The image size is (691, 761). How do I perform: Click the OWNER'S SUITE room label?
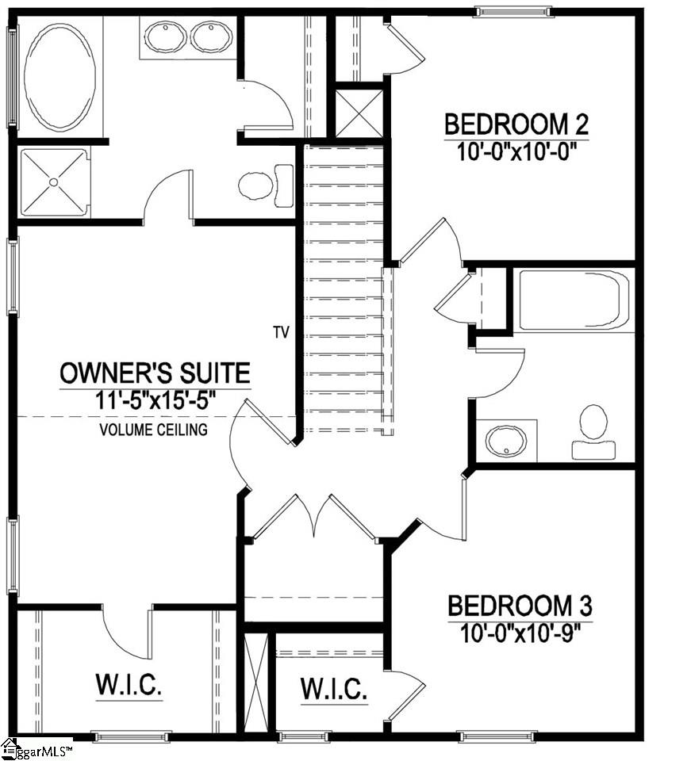pyautogui.click(x=155, y=372)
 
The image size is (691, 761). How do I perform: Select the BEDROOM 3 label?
pyautogui.click(x=520, y=607)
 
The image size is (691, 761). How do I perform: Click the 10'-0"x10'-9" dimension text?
pyautogui.click(x=520, y=633)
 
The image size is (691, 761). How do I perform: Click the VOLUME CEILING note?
pyautogui.click(x=154, y=430)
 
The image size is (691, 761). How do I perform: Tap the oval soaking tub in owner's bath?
pyautogui.click(x=60, y=76)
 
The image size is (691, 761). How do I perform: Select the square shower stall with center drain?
pyautogui.click(x=54, y=182)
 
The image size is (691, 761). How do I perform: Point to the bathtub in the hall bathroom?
pyautogui.click(x=573, y=300)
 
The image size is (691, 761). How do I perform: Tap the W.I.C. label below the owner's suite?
pyautogui.click(x=129, y=685)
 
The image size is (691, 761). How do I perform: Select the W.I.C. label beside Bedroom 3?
pyautogui.click(x=333, y=689)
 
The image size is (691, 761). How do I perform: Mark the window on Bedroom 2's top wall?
pyautogui.click(x=512, y=11)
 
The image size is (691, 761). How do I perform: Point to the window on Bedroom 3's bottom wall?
pyautogui.click(x=497, y=736)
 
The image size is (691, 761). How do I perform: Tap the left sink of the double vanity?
pyautogui.click(x=165, y=36)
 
